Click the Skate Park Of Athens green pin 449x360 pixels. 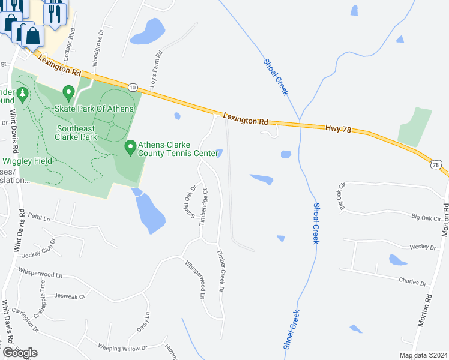pos(68,94)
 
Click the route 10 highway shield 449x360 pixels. pos(133,87)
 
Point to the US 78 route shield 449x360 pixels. pos(436,164)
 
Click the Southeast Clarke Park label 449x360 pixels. pos(77,133)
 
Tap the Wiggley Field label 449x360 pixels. pos(29,160)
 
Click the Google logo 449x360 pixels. pos(20,352)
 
